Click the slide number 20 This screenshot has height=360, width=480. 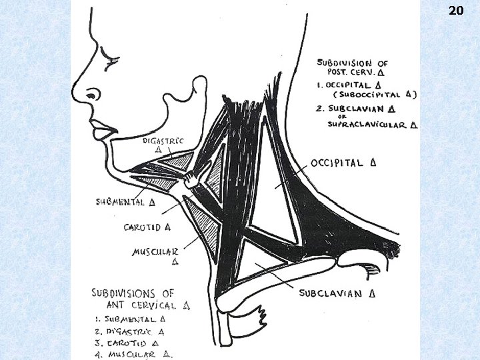[456, 11]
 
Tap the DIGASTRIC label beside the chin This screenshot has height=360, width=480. [162, 141]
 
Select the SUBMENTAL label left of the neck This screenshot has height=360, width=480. [121, 201]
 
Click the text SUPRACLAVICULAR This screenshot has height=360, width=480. [371, 124]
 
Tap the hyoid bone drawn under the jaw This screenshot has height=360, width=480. [194, 179]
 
